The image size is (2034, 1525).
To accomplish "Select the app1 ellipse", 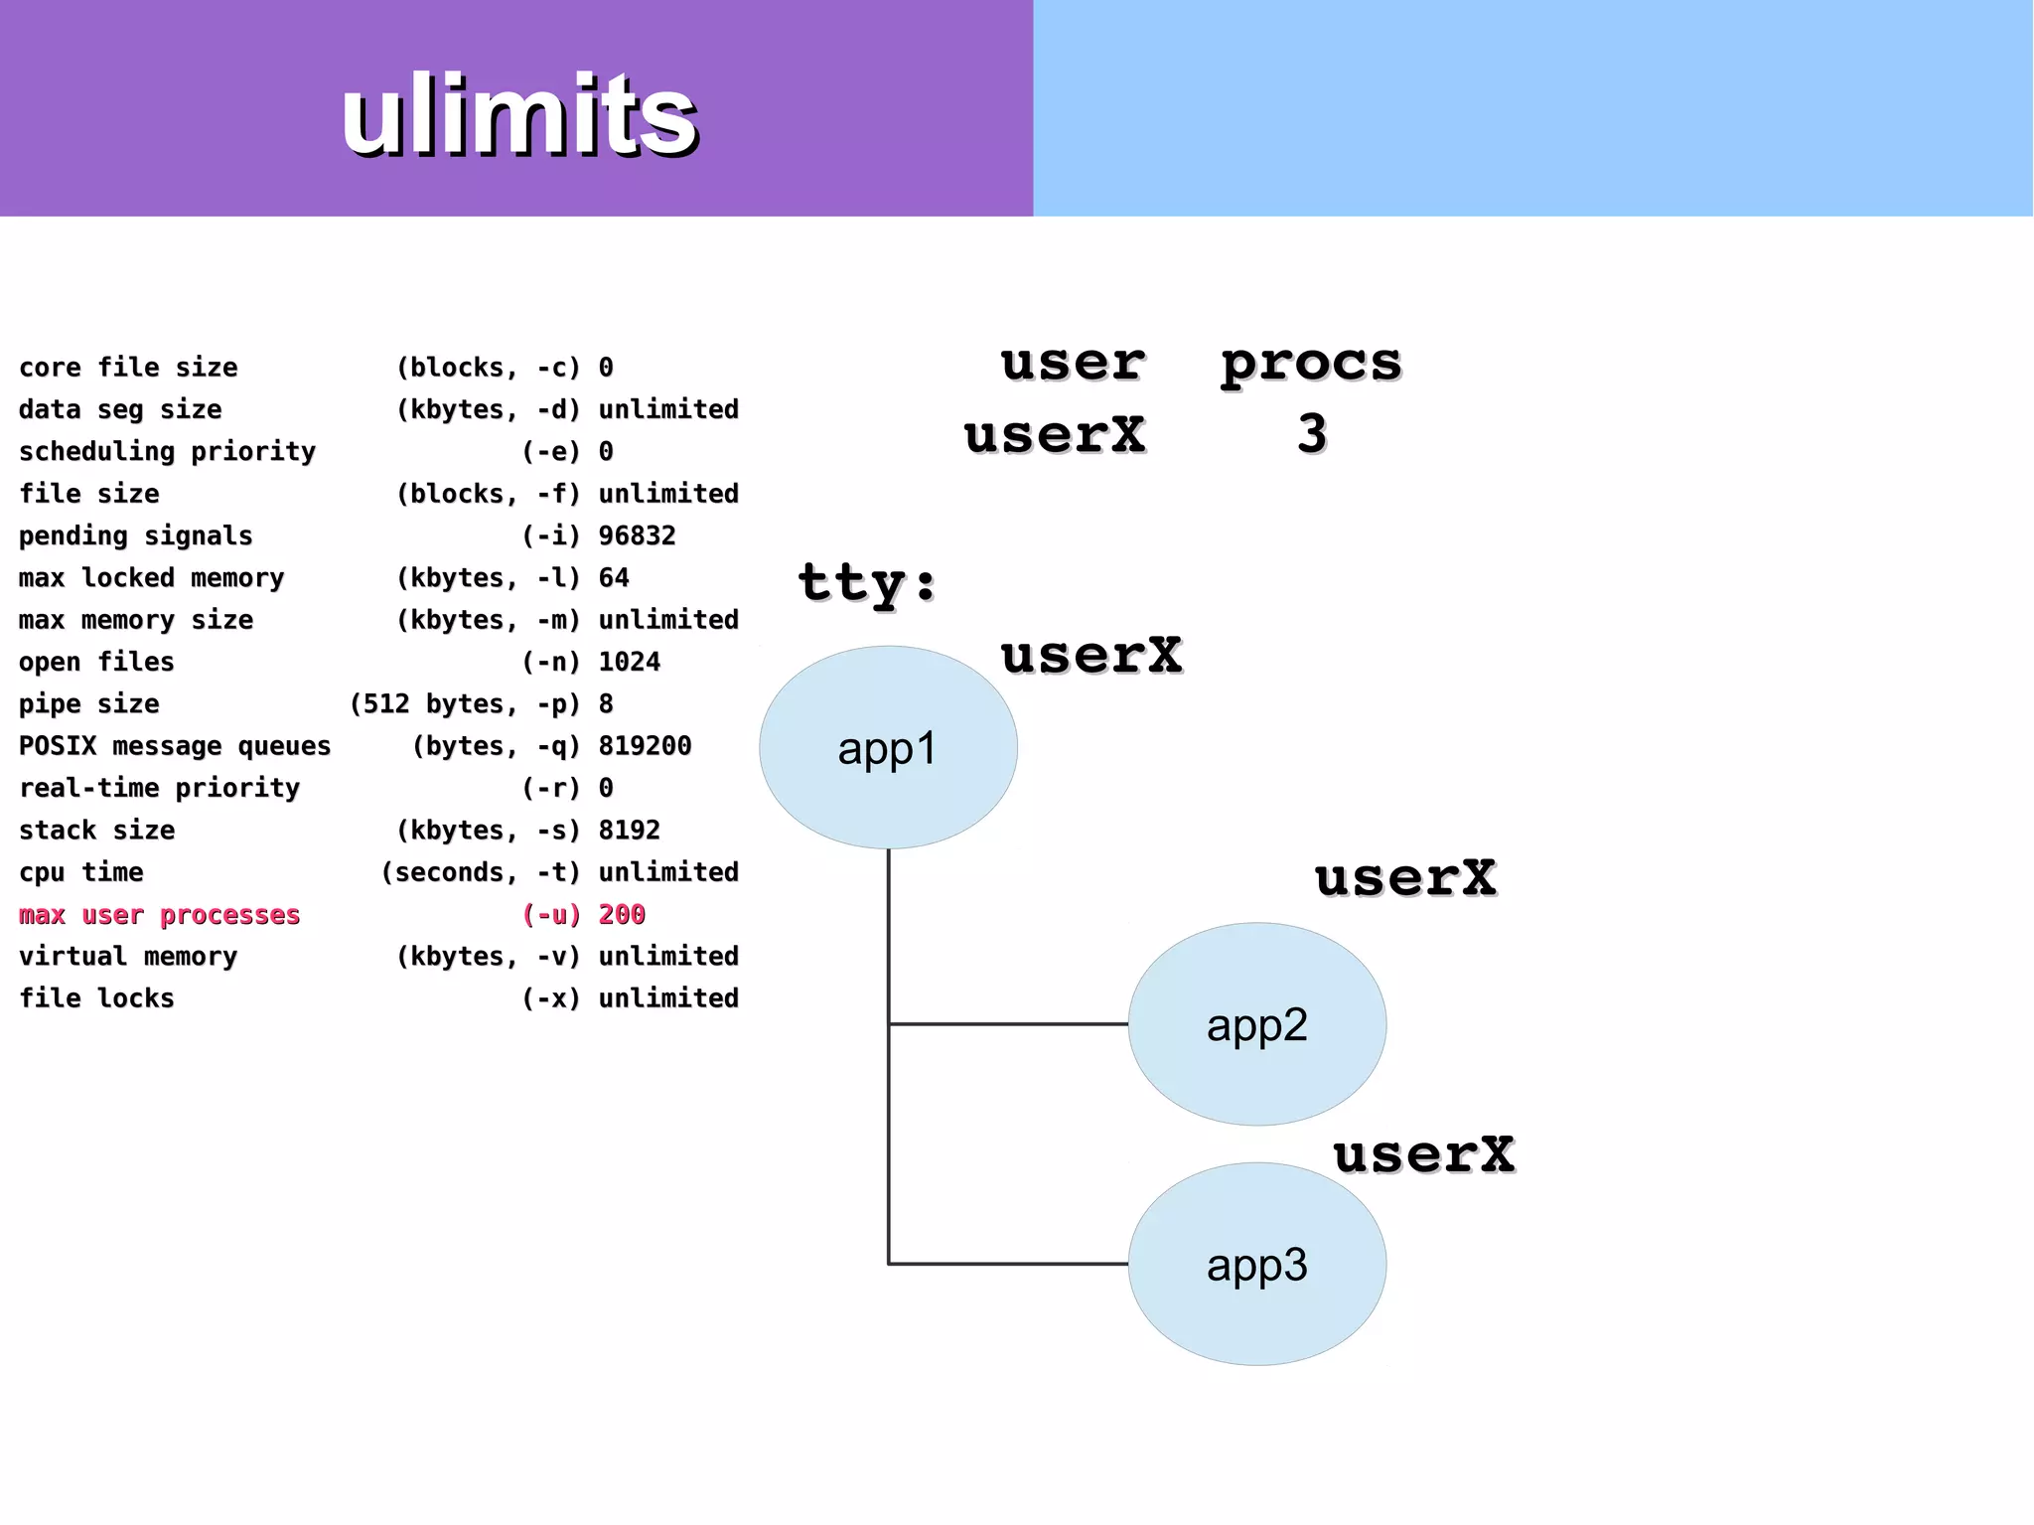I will pyautogui.click(x=888, y=747).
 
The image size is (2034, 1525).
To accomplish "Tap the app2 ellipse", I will pyautogui.click(x=1256, y=1024).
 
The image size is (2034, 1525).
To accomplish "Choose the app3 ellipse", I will pyautogui.click(x=1256, y=1265).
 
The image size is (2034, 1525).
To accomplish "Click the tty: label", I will pyautogui.click(x=867, y=582).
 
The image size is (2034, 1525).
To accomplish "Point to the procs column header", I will pyautogui.click(x=1311, y=363).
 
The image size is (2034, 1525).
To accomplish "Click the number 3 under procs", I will pyautogui.click(x=1312, y=434).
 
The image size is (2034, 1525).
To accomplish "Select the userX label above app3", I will pyautogui.click(x=1424, y=1154).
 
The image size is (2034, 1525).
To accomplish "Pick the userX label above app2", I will pyautogui.click(x=1405, y=878).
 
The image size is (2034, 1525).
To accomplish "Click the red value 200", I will pyautogui.click(x=622, y=914).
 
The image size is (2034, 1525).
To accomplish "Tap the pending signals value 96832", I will pyautogui.click(x=637, y=535).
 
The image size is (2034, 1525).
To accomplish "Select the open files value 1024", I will pyautogui.click(x=629, y=662).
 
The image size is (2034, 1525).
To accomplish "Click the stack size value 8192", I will pyautogui.click(x=629, y=830).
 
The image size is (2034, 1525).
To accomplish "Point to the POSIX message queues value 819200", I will pyautogui.click(x=645, y=745).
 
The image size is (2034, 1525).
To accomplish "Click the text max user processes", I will pyautogui.click(x=159, y=914).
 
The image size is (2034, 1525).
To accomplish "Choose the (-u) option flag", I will pyautogui.click(x=550, y=914).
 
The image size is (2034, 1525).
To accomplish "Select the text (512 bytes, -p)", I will pyautogui.click(x=464, y=703).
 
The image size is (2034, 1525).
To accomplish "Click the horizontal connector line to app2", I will pyautogui.click(x=1008, y=1023).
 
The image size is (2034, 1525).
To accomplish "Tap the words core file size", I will pyautogui.click(x=128, y=368).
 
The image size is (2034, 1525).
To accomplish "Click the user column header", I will pyautogui.click(x=1073, y=363).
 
